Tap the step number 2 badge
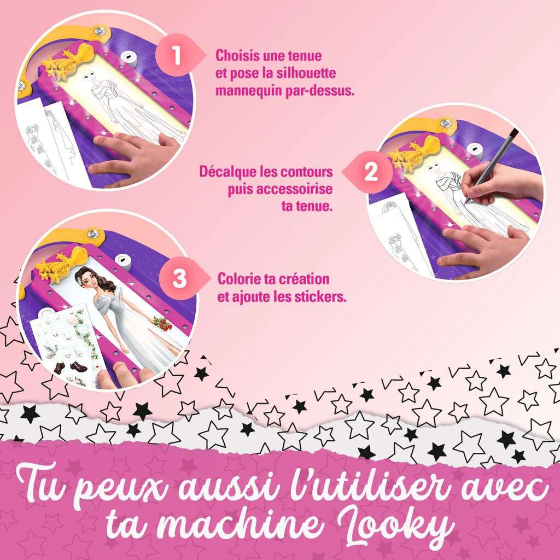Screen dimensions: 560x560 tap(370, 172)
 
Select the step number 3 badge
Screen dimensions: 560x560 tap(179, 278)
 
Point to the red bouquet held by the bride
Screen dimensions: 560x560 tap(163, 323)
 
